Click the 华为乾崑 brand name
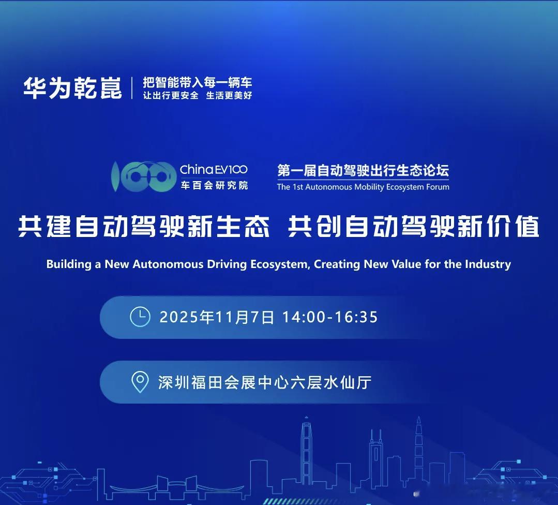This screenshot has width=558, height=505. click(x=72, y=87)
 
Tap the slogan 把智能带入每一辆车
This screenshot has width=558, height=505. click(x=197, y=82)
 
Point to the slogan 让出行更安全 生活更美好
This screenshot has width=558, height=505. click(x=197, y=96)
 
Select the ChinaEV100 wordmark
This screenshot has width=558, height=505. click(x=214, y=170)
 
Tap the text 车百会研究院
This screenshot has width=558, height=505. click(x=214, y=185)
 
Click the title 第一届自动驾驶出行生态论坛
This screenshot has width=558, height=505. click(x=363, y=170)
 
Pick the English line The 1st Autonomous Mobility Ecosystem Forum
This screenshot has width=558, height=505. click(x=363, y=187)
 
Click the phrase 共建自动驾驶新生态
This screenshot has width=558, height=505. click(x=144, y=227)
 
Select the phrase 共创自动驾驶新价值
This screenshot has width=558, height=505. click(x=414, y=227)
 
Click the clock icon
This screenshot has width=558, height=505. click(x=140, y=317)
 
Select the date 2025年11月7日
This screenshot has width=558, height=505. click(x=217, y=317)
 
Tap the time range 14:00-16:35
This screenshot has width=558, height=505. click(x=330, y=317)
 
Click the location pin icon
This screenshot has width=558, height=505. click(x=140, y=382)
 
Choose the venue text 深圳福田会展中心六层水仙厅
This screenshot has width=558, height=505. click(x=265, y=382)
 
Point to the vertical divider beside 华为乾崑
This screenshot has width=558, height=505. click(x=132, y=88)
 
